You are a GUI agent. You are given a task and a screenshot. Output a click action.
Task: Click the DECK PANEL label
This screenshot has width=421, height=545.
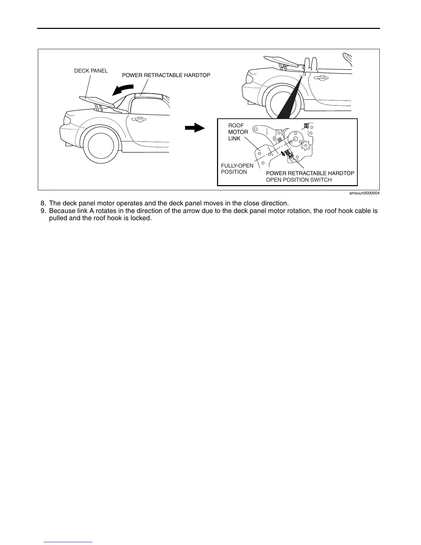91,71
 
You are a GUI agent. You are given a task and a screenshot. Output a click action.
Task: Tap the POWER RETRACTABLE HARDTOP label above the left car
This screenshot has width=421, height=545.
166,75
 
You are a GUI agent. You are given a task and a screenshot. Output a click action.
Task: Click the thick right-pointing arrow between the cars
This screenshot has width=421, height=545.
195,128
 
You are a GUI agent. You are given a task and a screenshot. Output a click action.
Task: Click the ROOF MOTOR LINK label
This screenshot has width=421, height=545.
238,132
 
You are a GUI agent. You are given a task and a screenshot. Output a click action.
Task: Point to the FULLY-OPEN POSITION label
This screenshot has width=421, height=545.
237,169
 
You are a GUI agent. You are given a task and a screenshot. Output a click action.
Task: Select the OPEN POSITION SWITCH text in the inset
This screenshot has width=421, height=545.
299,180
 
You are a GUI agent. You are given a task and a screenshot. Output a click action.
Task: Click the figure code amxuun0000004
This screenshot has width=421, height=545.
364,193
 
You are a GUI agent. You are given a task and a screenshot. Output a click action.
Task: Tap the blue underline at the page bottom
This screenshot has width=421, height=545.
68,542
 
